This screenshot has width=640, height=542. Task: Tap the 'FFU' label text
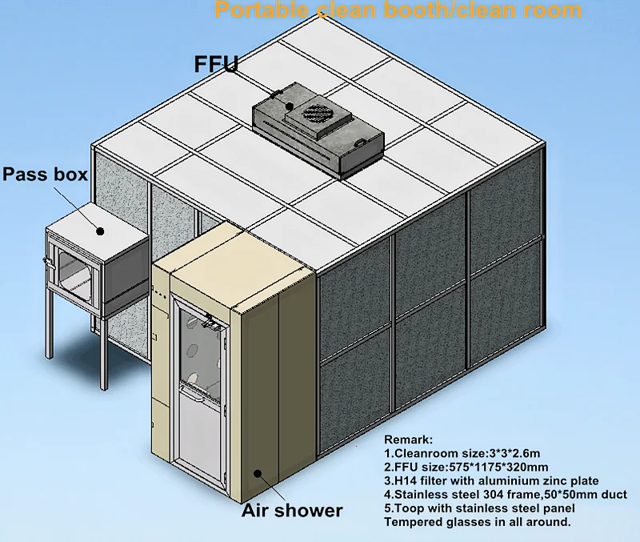click(216, 65)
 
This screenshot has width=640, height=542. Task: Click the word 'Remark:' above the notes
click(408, 440)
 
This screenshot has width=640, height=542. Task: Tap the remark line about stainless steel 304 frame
click(506, 495)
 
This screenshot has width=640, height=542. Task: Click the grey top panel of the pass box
click(96, 220)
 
